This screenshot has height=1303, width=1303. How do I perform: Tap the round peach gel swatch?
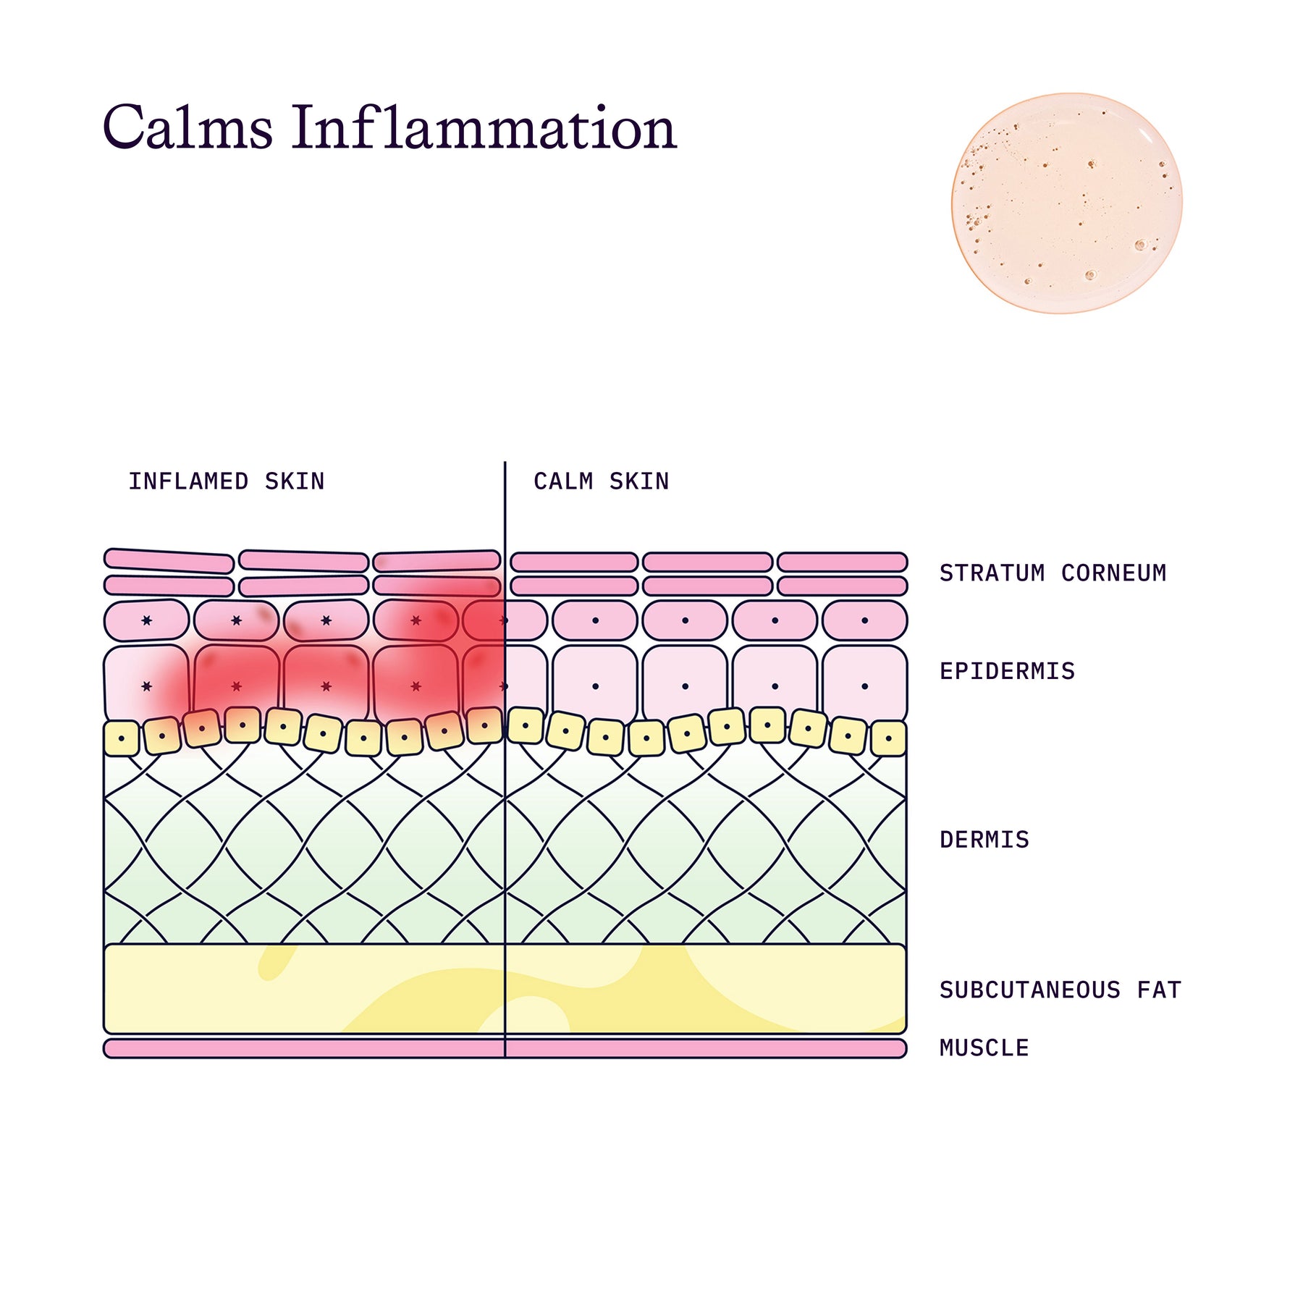[1066, 203]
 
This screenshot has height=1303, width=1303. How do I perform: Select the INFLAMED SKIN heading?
[227, 481]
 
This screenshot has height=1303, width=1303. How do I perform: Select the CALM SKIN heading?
[602, 481]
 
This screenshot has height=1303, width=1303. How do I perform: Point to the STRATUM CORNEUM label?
[1053, 573]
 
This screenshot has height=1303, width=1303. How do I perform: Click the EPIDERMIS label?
[1007, 671]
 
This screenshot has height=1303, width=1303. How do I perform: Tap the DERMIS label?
[984, 840]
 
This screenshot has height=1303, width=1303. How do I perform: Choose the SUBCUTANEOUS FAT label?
[1060, 990]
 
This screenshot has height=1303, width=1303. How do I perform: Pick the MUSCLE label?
[984, 1047]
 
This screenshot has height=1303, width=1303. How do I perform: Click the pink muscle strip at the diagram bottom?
[505, 1048]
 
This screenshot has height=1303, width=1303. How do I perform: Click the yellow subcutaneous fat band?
[505, 989]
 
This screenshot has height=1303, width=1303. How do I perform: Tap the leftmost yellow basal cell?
[122, 738]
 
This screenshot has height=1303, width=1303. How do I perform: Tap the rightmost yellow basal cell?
[888, 738]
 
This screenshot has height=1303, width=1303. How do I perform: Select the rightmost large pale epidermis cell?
[865, 685]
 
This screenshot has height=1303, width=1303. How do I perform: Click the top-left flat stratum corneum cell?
[169, 561]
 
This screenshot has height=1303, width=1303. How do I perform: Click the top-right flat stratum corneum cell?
[842, 562]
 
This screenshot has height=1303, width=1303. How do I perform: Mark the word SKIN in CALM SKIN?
[639, 481]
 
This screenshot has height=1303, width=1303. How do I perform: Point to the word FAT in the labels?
[1159, 990]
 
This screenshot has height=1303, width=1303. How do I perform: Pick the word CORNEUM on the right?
[1113, 573]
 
